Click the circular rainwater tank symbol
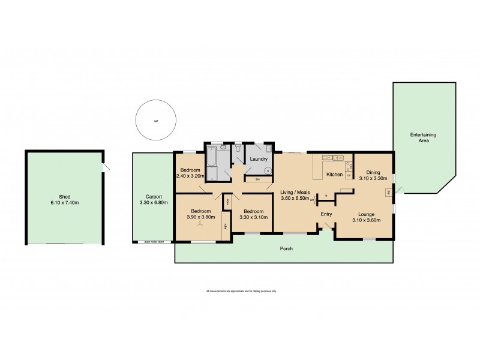point(155,120)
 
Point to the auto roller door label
point(158,242)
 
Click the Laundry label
point(259,159)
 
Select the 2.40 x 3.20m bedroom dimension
point(191,176)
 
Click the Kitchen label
point(334,175)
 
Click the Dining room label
point(373,172)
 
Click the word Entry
point(326,214)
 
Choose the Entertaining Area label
point(423,137)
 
